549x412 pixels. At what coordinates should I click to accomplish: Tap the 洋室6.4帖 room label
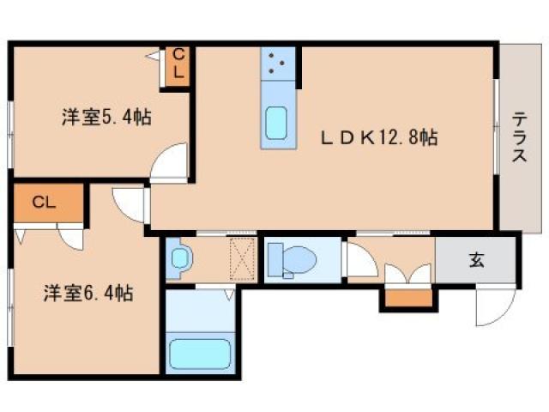coord(88,294)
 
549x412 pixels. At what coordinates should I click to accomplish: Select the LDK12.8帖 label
coord(379,136)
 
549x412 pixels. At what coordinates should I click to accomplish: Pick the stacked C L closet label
coord(178,64)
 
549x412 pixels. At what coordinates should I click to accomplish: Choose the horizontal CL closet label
coord(45,203)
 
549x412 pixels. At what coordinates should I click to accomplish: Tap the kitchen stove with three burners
coord(279,63)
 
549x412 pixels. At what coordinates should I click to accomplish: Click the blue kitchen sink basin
coord(278,123)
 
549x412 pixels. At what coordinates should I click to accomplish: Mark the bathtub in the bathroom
coord(199,352)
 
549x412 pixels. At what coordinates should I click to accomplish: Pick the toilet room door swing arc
coord(356,260)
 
